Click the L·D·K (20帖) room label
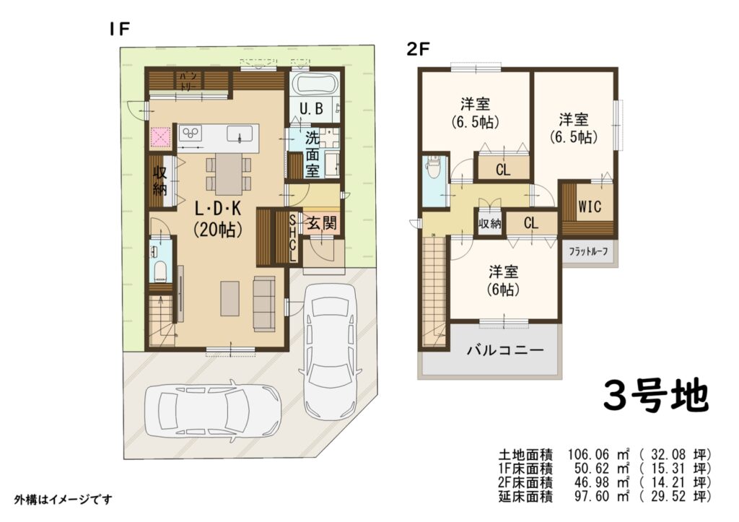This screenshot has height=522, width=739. (x=218, y=219)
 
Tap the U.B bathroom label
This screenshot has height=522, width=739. (x=312, y=109)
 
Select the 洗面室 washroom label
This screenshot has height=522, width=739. (x=312, y=155)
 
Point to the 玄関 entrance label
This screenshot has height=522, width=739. (x=323, y=222)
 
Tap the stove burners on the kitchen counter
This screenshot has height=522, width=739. (x=191, y=132)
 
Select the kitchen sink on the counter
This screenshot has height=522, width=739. (x=240, y=134)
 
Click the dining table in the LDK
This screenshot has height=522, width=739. (x=229, y=173)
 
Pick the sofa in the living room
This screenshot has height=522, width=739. (x=264, y=303)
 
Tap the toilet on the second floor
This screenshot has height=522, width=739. (x=433, y=167)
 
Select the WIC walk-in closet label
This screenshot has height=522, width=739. (x=590, y=206)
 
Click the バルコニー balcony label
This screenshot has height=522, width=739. (x=505, y=350)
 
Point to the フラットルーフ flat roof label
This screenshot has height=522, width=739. (x=588, y=251)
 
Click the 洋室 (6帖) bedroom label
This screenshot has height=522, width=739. (x=503, y=281)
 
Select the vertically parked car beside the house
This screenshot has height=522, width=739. (x=331, y=352)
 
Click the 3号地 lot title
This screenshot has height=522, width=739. (x=656, y=396)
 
